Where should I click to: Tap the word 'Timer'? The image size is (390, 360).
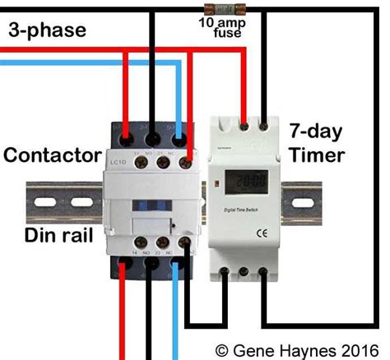(317, 155)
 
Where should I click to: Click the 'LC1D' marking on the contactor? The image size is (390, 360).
(119, 157)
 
